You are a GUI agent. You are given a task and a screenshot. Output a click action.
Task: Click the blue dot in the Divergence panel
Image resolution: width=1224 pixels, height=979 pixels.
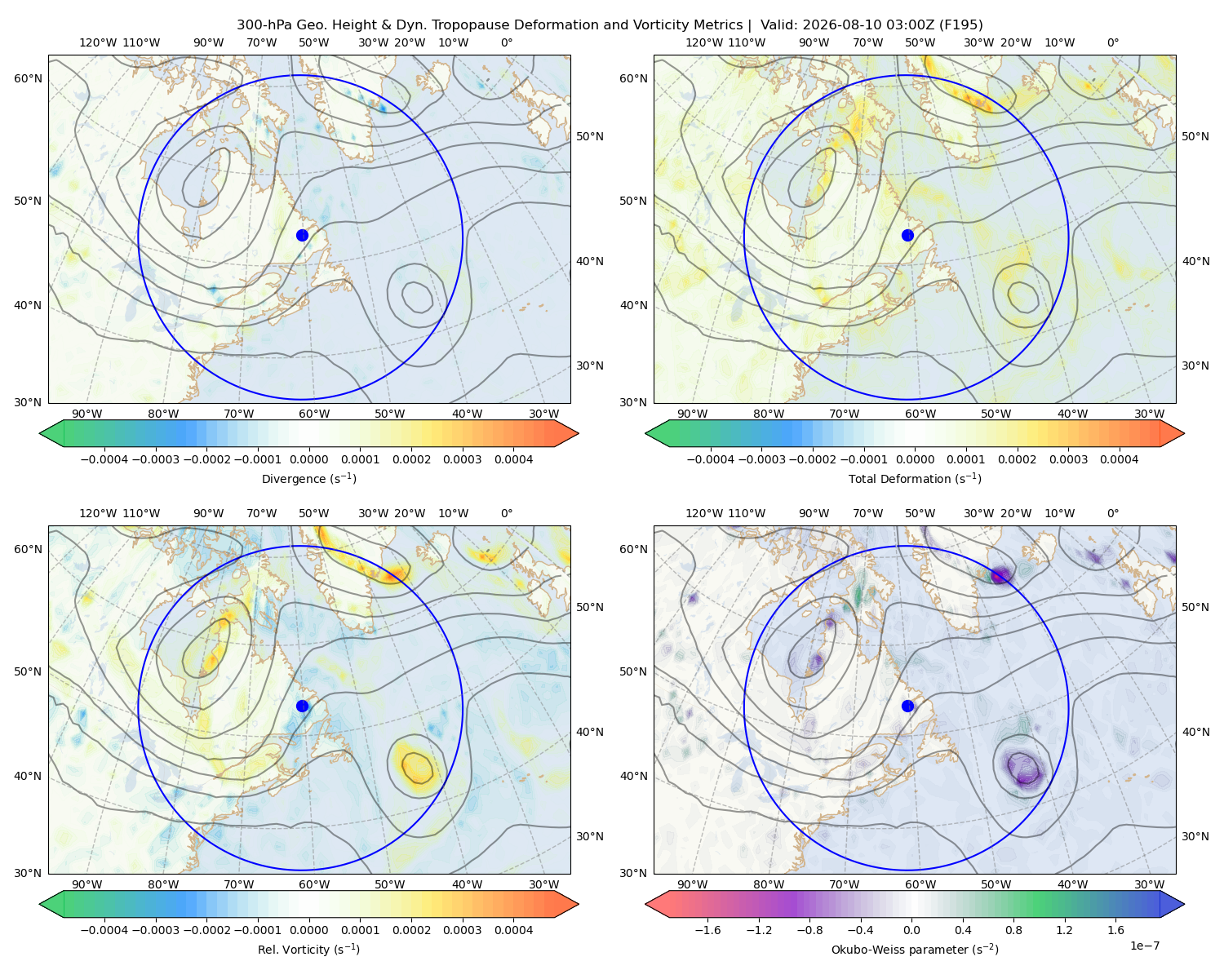[302, 236]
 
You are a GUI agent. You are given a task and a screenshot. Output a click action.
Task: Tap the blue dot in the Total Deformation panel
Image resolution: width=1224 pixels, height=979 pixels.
[907, 236]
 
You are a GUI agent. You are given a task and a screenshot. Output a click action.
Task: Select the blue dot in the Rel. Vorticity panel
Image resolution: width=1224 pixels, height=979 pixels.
[302, 706]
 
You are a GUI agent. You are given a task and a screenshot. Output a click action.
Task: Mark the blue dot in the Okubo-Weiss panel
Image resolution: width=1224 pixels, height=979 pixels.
[907, 706]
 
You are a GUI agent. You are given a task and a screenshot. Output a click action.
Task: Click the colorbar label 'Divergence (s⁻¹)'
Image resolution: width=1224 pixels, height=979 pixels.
[308, 479]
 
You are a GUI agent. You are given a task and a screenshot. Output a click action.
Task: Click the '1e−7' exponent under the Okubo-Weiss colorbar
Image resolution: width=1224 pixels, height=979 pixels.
[1144, 946]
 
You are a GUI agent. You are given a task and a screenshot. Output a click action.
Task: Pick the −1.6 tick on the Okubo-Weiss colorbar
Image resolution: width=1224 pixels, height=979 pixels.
[708, 930]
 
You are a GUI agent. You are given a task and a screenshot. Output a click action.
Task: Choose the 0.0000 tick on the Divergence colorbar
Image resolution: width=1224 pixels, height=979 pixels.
[308, 459]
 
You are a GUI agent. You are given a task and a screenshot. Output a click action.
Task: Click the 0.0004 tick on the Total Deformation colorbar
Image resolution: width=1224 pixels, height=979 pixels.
[1120, 459]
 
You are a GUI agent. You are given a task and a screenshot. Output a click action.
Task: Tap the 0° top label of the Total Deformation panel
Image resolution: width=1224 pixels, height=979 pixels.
[1113, 42]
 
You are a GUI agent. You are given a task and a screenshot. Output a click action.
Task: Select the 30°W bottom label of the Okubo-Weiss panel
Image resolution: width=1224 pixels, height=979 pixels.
[1150, 884]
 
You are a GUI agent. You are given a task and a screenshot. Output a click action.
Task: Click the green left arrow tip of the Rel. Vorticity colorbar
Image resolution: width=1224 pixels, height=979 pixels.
[40, 904]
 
